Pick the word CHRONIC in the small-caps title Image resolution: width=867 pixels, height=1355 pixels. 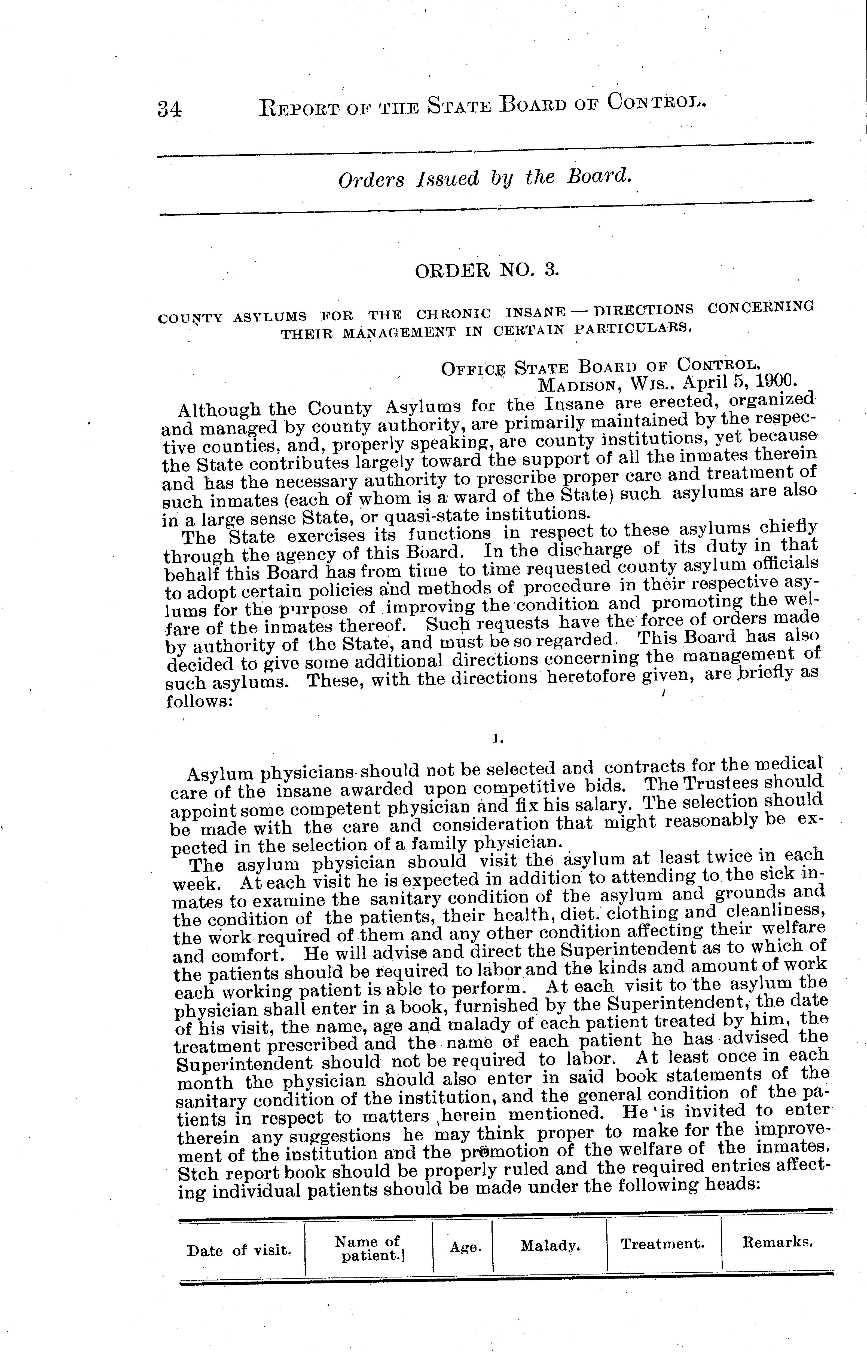(454, 313)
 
